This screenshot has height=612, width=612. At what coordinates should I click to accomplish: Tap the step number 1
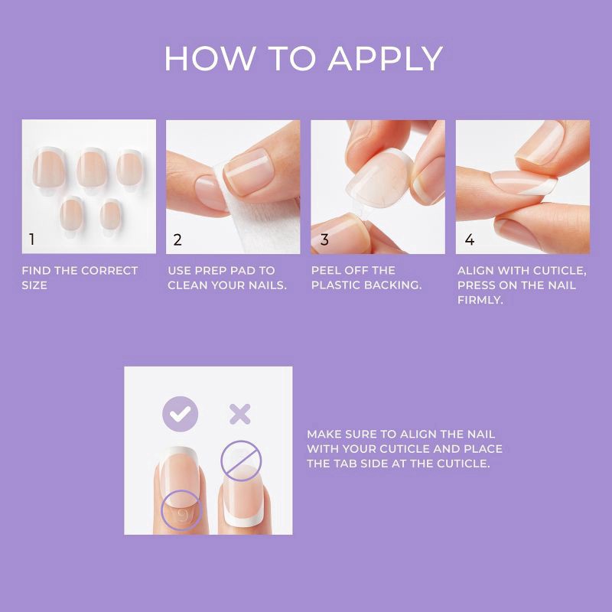(31, 239)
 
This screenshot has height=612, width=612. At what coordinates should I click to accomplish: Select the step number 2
(177, 239)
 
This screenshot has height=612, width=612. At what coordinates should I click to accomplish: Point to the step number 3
(324, 239)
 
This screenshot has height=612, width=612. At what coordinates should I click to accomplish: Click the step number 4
(469, 239)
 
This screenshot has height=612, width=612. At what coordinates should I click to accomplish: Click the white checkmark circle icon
(180, 414)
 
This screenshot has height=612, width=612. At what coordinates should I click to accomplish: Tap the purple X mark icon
(240, 415)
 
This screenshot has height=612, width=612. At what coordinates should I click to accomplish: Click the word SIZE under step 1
(34, 285)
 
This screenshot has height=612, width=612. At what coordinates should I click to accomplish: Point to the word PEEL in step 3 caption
(327, 271)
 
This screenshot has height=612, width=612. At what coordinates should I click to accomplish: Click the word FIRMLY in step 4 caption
(480, 301)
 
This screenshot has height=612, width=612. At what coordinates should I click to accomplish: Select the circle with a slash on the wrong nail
(241, 459)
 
